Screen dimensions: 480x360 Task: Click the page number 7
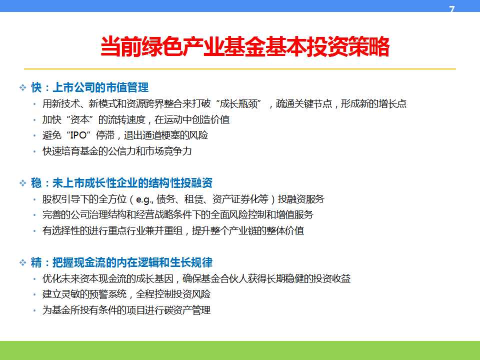coord(452,9)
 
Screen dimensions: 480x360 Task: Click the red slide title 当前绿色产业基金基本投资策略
coord(245,46)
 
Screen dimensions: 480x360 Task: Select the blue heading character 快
coord(36,87)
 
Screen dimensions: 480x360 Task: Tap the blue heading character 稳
coord(36,183)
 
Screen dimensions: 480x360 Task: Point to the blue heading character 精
coord(36,262)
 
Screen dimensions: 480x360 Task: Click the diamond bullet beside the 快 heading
coord(22,88)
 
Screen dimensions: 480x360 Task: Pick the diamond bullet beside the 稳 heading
coord(22,183)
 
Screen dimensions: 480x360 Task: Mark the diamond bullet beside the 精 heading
coord(22,263)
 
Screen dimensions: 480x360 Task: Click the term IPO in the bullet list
coord(78,135)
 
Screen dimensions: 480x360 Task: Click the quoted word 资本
coord(79,119)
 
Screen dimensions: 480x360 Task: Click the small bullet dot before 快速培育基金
coord(34,151)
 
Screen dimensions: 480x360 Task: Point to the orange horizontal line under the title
coord(240,69)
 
